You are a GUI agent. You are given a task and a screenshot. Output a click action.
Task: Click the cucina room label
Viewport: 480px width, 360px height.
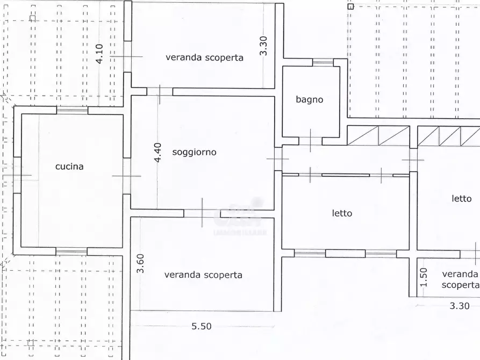click(69, 167)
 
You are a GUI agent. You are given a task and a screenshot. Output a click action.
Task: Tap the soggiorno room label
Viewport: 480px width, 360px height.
click(194, 152)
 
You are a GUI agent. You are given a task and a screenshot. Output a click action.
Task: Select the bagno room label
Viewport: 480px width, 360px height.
click(310, 99)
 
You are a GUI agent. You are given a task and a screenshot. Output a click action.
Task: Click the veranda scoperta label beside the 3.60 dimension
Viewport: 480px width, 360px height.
click(203, 275)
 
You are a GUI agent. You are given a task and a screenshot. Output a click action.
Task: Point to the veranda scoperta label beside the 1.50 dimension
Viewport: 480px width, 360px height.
click(460, 279)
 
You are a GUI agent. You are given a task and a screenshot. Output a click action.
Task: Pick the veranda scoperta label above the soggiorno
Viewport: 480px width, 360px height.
click(204, 57)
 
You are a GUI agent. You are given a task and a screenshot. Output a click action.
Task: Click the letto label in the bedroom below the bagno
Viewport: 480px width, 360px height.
click(342, 213)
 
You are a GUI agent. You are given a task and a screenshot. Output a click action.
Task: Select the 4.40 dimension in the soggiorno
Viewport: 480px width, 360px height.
click(158, 152)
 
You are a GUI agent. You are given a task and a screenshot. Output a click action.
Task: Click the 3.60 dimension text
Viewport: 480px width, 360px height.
click(140, 264)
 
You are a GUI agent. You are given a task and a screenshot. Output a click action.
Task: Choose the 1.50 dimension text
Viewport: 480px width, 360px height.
click(423, 277)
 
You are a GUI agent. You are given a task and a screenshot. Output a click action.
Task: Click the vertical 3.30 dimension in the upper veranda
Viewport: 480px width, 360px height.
click(263, 46)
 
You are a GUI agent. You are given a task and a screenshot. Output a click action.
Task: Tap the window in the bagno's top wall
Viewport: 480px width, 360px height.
click(323, 62)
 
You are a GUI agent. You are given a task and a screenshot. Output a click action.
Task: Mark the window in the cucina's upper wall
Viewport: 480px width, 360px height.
click(73, 110)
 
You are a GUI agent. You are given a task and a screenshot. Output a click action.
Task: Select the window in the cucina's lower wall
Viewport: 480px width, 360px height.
click(71, 251)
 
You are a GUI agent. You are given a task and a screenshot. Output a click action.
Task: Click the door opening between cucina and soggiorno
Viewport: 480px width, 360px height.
click(127, 176)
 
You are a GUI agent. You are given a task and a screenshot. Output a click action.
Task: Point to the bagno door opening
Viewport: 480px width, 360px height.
click(310, 141)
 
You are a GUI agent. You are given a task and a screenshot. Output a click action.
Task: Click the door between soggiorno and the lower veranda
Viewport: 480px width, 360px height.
click(202, 213)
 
